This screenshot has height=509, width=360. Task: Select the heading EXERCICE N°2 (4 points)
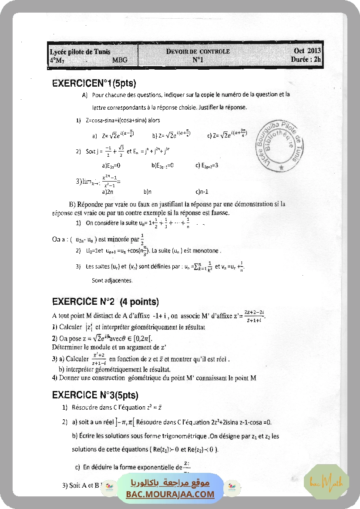pyautogui.click(x=105, y=302)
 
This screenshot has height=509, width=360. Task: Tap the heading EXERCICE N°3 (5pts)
pyautogui.click(x=95, y=395)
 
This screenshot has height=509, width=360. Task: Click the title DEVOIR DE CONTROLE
pyautogui.click(x=198, y=52)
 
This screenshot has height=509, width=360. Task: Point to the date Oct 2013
pyautogui.click(x=307, y=51)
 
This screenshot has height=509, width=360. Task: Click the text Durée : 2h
pyautogui.click(x=306, y=60)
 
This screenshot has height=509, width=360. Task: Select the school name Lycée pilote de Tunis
pyautogui.click(x=80, y=52)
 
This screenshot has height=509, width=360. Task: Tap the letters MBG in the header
pyautogui.click(x=120, y=60)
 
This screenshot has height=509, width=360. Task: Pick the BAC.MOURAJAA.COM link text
pyautogui.click(x=170, y=494)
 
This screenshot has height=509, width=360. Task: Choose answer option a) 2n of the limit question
pyautogui.click(x=108, y=191)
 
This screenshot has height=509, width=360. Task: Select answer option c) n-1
pyautogui.click(x=202, y=191)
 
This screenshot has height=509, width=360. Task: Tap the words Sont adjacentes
pyautogui.click(x=112, y=280)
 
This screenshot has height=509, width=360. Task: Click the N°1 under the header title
pyautogui.click(x=198, y=60)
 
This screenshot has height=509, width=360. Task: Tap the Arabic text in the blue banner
pyautogui.click(x=170, y=483)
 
